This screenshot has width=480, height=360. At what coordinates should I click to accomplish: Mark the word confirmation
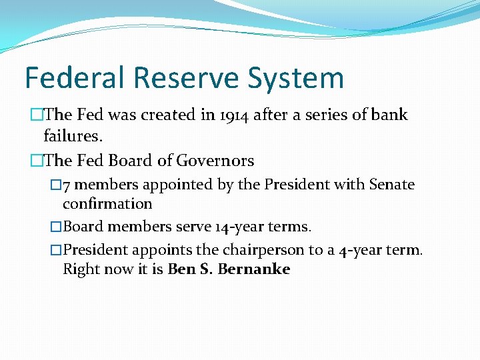coord(107,203)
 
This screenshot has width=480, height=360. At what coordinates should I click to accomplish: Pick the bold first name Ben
coord(180,269)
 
